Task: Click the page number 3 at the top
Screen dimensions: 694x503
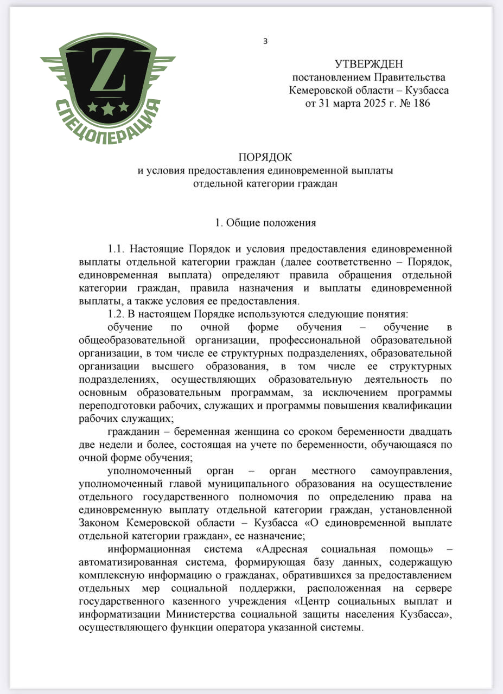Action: click(265, 41)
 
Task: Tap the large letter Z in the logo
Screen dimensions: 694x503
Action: click(107, 70)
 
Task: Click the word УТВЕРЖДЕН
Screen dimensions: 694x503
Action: click(369, 65)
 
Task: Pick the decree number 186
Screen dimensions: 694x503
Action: click(421, 103)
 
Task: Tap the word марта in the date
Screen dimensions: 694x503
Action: click(340, 103)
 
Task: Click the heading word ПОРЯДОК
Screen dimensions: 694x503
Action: click(265, 158)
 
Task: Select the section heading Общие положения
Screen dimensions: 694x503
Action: click(271, 222)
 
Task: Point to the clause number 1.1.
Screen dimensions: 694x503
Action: click(117, 249)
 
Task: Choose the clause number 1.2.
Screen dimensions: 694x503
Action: click(117, 314)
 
